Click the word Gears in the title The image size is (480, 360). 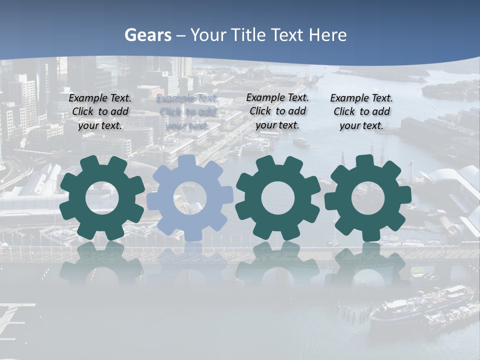[147, 35]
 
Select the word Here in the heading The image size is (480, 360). [327, 35]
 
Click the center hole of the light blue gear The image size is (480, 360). [190, 197]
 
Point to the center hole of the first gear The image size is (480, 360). [102, 197]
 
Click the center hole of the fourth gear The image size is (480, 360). [368, 197]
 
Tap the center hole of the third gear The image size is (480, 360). [278, 197]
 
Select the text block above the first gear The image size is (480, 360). [100, 111]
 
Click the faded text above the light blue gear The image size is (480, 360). [187, 111]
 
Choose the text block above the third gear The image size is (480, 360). [277, 111]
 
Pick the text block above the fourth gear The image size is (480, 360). [361, 111]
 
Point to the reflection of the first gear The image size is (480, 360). [102, 262]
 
